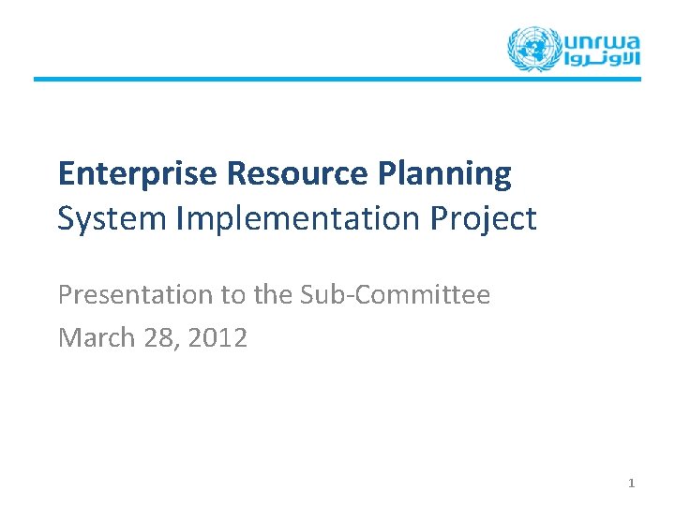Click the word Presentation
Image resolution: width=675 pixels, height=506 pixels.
[136, 295]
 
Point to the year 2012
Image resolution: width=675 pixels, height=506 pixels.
[217, 337]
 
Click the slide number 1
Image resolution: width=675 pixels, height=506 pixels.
[631, 483]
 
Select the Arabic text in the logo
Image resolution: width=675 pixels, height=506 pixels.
[602, 59]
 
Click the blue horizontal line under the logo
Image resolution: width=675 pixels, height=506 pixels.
[337, 79]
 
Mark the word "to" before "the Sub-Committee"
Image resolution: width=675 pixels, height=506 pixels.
[232, 295]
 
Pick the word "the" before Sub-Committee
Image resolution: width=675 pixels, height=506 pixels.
[274, 295]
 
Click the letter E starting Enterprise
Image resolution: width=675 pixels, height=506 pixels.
[66, 173]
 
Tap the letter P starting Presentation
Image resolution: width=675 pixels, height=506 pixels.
[65, 295]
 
